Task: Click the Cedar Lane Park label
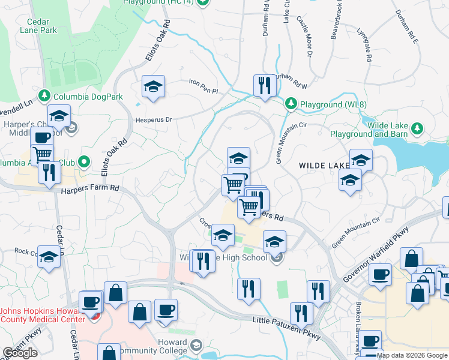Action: coord(38,25)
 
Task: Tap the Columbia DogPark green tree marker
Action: coord(44,96)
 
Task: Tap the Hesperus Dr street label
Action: coord(153,119)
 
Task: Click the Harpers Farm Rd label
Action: coord(90,190)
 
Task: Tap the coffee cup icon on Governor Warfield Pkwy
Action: coord(379,274)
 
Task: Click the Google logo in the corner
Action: coord(20,353)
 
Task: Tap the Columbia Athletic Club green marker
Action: coord(85,161)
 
